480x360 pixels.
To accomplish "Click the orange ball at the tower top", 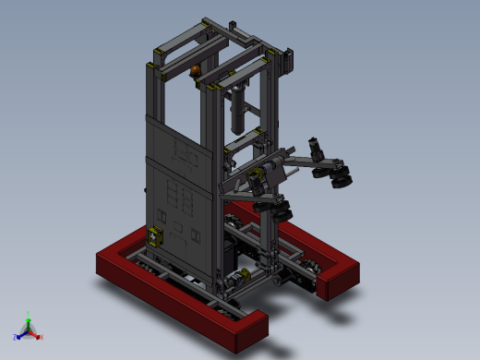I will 196,71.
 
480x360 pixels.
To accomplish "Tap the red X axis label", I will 41,337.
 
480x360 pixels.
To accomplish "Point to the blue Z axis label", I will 15,337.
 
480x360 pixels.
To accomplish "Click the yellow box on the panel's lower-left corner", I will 155,236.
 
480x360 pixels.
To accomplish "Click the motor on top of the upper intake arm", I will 315,148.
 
